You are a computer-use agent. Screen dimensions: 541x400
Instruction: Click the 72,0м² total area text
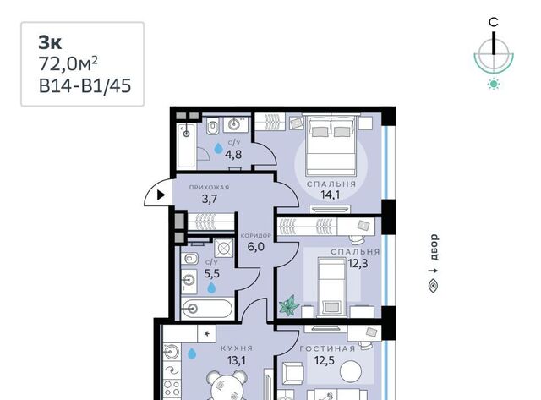(x=68, y=64)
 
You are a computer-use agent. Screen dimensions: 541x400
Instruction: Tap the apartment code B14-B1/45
(x=85, y=85)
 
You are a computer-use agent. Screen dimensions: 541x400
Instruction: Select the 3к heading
(x=50, y=43)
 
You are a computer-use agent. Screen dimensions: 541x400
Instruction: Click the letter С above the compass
(x=494, y=23)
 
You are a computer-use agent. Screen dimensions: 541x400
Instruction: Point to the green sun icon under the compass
(x=494, y=85)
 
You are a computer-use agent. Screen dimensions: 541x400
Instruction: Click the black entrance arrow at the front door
(x=161, y=195)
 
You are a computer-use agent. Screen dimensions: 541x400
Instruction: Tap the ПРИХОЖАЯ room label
(x=209, y=188)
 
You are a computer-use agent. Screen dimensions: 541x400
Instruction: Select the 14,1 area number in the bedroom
(x=331, y=195)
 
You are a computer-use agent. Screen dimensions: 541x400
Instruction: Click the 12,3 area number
(x=358, y=264)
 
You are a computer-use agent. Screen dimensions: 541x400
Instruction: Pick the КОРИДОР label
(x=256, y=236)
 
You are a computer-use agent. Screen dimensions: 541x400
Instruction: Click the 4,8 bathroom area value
(x=233, y=154)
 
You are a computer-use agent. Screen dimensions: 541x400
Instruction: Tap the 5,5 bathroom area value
(x=212, y=274)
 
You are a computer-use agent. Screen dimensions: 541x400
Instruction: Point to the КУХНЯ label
(x=237, y=348)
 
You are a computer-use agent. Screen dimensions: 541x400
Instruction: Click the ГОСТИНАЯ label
(x=327, y=349)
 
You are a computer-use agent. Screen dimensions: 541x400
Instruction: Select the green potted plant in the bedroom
(x=289, y=306)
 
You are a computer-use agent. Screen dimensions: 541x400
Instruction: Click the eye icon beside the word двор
(x=434, y=287)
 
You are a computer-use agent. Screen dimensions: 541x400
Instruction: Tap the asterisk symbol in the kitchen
(x=206, y=334)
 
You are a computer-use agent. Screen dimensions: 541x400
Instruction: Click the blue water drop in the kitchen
(x=192, y=353)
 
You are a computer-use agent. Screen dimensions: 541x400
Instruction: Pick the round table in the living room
(x=351, y=371)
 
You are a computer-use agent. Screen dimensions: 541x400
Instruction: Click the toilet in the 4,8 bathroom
(x=213, y=126)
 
